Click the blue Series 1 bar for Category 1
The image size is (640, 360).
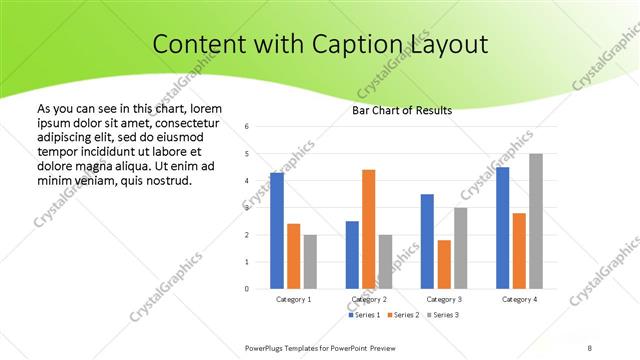[x=276, y=231]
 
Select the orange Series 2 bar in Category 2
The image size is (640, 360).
[x=369, y=229]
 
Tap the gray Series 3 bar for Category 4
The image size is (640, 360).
[x=536, y=221]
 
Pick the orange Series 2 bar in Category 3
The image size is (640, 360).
[x=444, y=264]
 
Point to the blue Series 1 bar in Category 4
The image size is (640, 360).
[x=502, y=228]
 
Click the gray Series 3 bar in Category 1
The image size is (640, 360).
[x=310, y=262]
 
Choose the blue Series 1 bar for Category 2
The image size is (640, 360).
[x=352, y=255]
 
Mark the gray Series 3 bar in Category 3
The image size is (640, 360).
[x=461, y=248]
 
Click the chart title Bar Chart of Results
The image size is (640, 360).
[x=402, y=110]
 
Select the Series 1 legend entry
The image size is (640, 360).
[x=364, y=315]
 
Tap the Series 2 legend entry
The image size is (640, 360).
[x=402, y=315]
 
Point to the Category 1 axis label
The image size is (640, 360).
[x=293, y=299]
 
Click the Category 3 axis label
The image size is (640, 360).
[x=444, y=299]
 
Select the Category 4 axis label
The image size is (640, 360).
[x=519, y=299]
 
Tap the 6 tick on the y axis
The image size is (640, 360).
[x=247, y=127]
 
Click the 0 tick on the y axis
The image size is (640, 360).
[x=247, y=289]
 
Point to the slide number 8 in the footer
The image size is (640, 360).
[x=590, y=347]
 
